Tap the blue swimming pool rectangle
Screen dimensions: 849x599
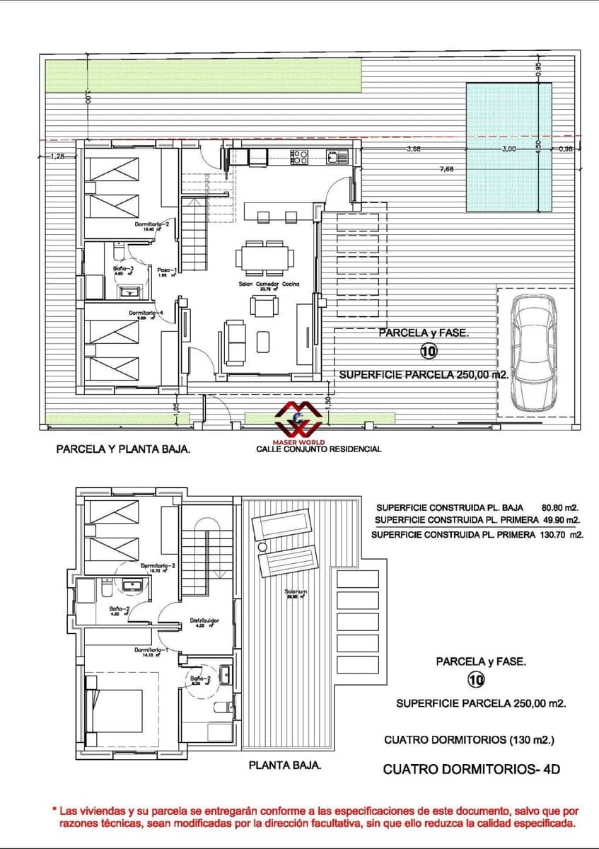[x=508, y=147]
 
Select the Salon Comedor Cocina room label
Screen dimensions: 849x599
[x=269, y=284]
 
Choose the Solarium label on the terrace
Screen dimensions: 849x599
[x=296, y=591]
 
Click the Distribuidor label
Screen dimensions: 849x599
[x=204, y=620]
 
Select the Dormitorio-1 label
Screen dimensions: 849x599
[x=152, y=649]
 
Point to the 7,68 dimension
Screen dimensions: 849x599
[x=447, y=168]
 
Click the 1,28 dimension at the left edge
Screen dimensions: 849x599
[x=57, y=156]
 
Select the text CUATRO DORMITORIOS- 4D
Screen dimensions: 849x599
[x=471, y=769]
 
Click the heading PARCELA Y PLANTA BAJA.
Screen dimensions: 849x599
[x=123, y=449]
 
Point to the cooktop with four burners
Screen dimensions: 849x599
[x=299, y=156]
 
